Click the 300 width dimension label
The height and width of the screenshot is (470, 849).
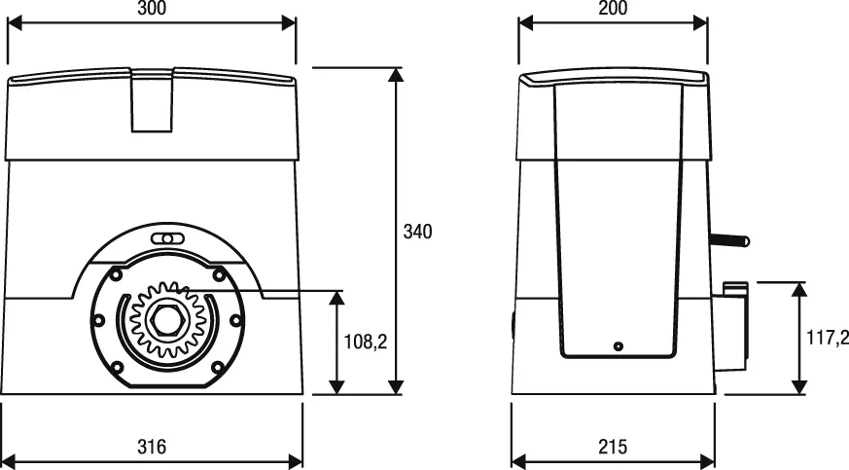(x=151, y=8)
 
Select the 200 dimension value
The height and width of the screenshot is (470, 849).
(x=612, y=8)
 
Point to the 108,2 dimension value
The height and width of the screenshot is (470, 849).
(x=367, y=342)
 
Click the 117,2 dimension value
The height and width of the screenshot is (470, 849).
(x=829, y=338)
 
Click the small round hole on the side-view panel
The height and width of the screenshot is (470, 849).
(x=617, y=345)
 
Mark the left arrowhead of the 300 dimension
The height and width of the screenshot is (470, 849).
(x=13, y=22)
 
